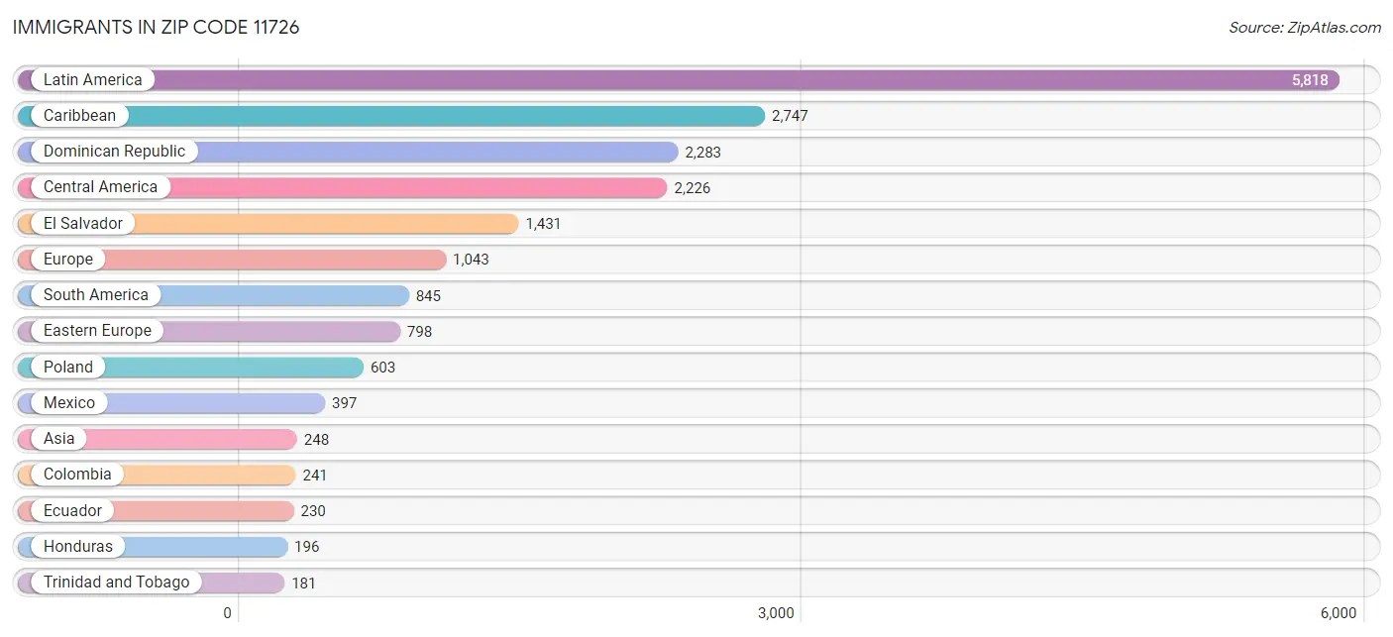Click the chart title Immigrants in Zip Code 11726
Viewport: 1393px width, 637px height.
pos(157,28)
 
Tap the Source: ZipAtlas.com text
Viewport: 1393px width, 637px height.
pos(1304,28)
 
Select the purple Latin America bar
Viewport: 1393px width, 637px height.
pos(694,80)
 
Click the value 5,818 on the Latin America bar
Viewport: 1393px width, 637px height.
pos(1310,80)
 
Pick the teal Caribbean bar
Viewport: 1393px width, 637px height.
pos(446,116)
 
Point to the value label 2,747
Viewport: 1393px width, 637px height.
pos(790,116)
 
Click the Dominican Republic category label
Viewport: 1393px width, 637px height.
pos(114,152)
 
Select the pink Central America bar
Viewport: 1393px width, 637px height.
pos(416,187)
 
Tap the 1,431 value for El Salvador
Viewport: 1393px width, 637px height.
pos(543,224)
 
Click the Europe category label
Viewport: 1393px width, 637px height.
pos(68,260)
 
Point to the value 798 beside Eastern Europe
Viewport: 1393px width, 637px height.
pos(419,332)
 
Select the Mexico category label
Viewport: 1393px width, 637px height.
pos(69,403)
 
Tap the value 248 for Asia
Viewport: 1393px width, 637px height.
pos(316,439)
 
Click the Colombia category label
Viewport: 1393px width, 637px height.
pos(77,475)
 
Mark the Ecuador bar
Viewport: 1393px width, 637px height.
pos(198,511)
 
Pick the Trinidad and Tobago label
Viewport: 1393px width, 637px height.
pos(116,583)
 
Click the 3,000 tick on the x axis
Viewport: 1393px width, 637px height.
pos(776,613)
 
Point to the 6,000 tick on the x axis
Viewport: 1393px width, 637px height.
pos(1338,613)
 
